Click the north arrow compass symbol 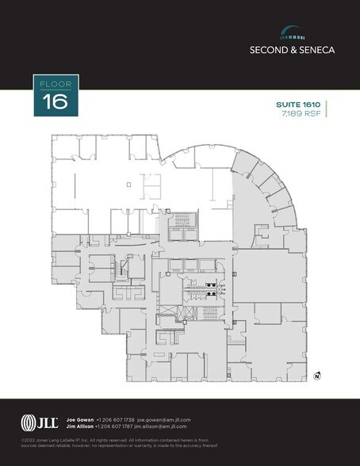coord(316,375)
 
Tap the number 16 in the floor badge coord(56,101)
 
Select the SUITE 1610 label coord(299,105)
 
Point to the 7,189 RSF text coord(304,114)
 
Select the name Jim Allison coord(79,426)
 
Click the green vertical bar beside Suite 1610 coord(327,109)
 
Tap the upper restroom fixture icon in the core coord(211,284)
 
